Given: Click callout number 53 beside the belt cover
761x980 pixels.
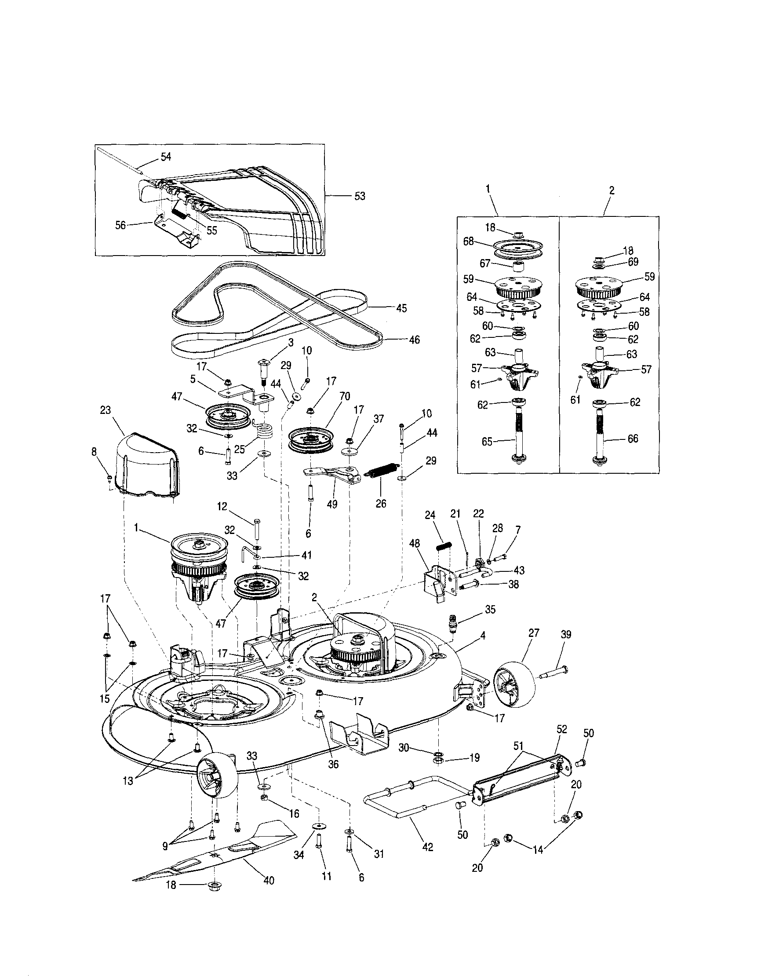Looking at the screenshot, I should pyautogui.click(x=360, y=196).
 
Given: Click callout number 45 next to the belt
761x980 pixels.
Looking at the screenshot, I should pyautogui.click(x=401, y=308).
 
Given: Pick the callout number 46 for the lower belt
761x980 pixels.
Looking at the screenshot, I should pyautogui.click(x=415, y=340).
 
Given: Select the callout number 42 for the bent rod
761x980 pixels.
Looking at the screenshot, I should pyautogui.click(x=428, y=847).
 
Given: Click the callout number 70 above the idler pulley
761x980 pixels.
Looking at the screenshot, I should pyautogui.click(x=345, y=396).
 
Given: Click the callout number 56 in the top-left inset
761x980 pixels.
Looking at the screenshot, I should pyautogui.click(x=120, y=225).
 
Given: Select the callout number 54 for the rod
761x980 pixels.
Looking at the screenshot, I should pyautogui.click(x=166, y=157).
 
